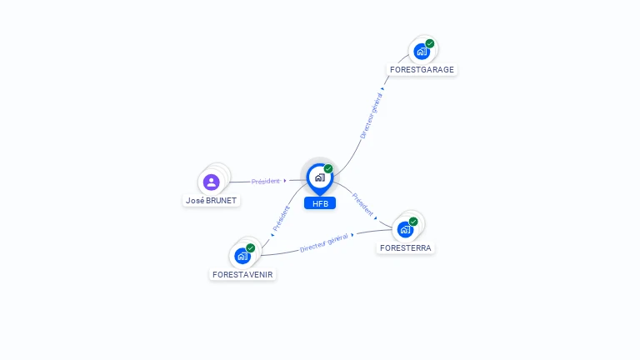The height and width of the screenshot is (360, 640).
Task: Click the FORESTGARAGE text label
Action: click(422, 70)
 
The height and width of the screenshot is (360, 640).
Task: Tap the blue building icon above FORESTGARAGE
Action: click(421, 52)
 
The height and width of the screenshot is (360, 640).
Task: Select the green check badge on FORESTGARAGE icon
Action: click(430, 43)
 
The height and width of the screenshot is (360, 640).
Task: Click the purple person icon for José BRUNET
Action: click(211, 182)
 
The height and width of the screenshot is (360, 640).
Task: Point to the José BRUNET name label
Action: click(211, 201)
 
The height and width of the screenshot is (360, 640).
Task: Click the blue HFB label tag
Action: click(320, 203)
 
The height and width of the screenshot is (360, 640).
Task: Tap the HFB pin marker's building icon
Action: click(319, 177)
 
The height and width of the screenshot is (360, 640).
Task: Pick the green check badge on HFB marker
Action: click(328, 168)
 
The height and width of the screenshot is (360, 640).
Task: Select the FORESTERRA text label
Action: click(406, 247)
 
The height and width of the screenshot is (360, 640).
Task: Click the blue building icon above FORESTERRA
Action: click(404, 229)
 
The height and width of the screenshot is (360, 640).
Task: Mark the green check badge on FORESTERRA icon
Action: click(413, 222)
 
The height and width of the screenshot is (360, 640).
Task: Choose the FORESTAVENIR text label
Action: click(242, 274)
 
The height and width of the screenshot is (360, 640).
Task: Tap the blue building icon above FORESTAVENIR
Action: click(242, 256)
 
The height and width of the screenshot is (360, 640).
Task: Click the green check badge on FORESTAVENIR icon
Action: click(251, 247)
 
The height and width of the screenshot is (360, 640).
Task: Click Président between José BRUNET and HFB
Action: click(266, 181)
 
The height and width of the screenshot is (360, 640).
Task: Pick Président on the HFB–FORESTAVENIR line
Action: click(282, 218)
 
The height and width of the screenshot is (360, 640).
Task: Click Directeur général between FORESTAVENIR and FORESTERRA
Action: click(323, 243)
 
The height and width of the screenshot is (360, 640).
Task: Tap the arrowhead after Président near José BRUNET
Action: click(285, 180)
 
